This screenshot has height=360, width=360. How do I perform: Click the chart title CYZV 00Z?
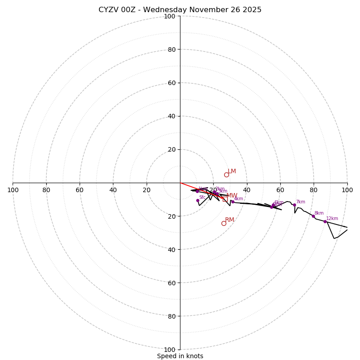point(180,10)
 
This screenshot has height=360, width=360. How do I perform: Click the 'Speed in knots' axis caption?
point(180,356)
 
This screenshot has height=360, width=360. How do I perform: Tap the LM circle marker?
point(226,175)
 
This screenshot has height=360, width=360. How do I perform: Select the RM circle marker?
point(224,223)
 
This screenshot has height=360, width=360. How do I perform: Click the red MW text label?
point(232,196)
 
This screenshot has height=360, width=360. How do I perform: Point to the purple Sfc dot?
point(198,201)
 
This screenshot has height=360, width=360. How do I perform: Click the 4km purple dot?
point(233,202)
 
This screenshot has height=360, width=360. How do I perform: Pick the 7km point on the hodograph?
point(294,205)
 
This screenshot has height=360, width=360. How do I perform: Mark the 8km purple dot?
point(313,216)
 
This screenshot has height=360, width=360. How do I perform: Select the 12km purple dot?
point(325,221)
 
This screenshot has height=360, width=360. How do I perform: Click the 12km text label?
point(332,218)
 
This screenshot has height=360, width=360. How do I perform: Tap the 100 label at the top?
point(170,16)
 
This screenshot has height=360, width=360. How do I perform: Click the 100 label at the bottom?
point(170,350)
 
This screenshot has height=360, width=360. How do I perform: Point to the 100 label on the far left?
point(13,190)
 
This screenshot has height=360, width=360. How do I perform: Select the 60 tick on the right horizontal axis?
point(280,190)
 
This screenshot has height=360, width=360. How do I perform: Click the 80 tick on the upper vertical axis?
point(171,49)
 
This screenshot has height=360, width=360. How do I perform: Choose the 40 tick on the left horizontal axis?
point(113,190)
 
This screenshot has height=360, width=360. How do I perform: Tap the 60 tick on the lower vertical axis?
point(171,283)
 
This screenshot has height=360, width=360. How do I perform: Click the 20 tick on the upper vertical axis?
point(171,149)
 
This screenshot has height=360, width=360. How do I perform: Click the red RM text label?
point(229,220)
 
